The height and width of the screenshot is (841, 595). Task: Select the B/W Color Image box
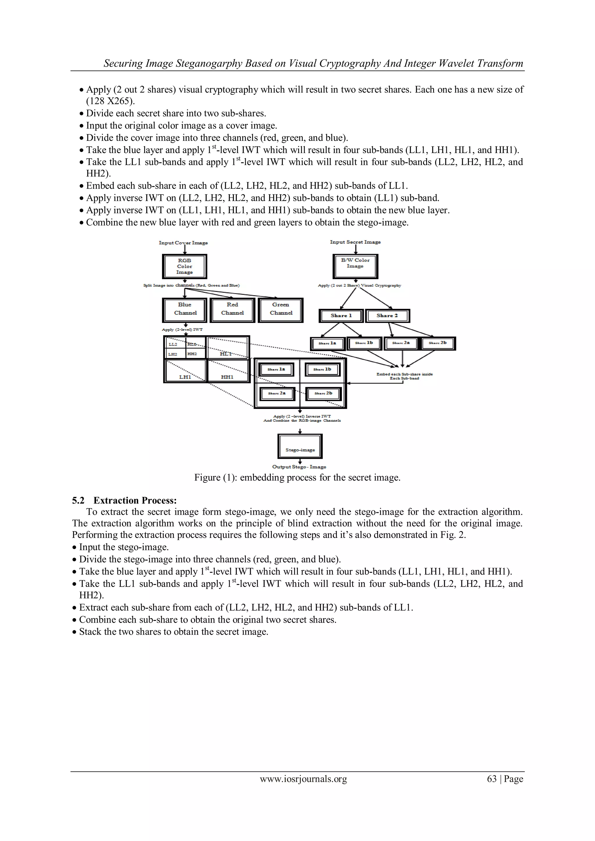pos(355,266)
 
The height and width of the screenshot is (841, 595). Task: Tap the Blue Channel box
pos(185,310)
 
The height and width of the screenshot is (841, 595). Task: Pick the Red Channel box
pos(232,310)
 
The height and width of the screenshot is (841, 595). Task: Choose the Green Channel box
pos(281,310)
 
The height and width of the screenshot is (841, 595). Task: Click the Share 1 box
pos(341,316)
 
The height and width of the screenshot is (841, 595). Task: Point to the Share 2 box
pos(387,316)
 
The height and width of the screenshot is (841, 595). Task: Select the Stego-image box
pos(300,446)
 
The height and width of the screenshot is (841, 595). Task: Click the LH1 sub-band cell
pos(185,371)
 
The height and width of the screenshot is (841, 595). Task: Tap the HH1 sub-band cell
pos(227,371)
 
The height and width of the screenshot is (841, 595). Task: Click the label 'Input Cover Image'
pos(183,243)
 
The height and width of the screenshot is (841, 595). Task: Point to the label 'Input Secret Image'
pos(355,242)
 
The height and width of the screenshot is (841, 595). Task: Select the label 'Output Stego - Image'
pos(299,467)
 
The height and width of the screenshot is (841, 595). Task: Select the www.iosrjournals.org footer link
pos(303,779)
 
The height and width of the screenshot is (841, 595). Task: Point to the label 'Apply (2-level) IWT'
pos(182,330)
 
